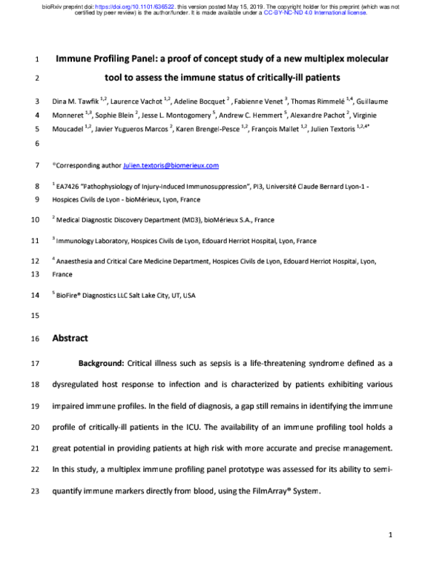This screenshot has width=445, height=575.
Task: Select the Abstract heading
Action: (70, 338)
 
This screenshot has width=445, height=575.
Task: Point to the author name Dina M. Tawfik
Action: (77, 101)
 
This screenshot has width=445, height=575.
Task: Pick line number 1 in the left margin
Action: (38, 59)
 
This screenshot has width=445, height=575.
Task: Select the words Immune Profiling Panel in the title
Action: (102, 58)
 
